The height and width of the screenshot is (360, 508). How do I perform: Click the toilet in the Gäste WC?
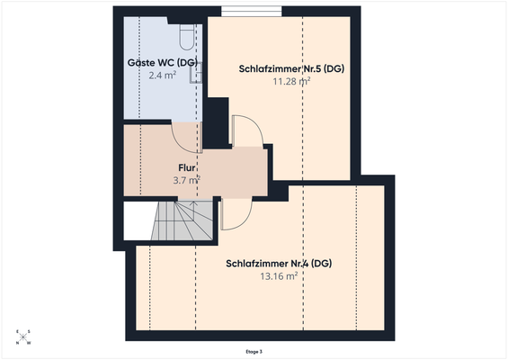[186, 35]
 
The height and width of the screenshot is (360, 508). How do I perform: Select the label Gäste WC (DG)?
[162, 62]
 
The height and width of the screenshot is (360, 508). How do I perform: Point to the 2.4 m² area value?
[162, 76]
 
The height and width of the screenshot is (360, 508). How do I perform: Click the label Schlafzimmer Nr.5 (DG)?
[283, 68]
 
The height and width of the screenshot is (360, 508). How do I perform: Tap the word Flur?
[187, 167]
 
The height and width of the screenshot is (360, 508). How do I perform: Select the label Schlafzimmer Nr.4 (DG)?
[279, 264]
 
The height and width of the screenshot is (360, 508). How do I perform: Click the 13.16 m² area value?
[279, 276]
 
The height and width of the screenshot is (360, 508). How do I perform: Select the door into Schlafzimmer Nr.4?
[236, 212]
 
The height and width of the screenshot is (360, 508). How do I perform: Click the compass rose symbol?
[23, 337]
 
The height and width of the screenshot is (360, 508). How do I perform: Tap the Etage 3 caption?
[254, 351]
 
